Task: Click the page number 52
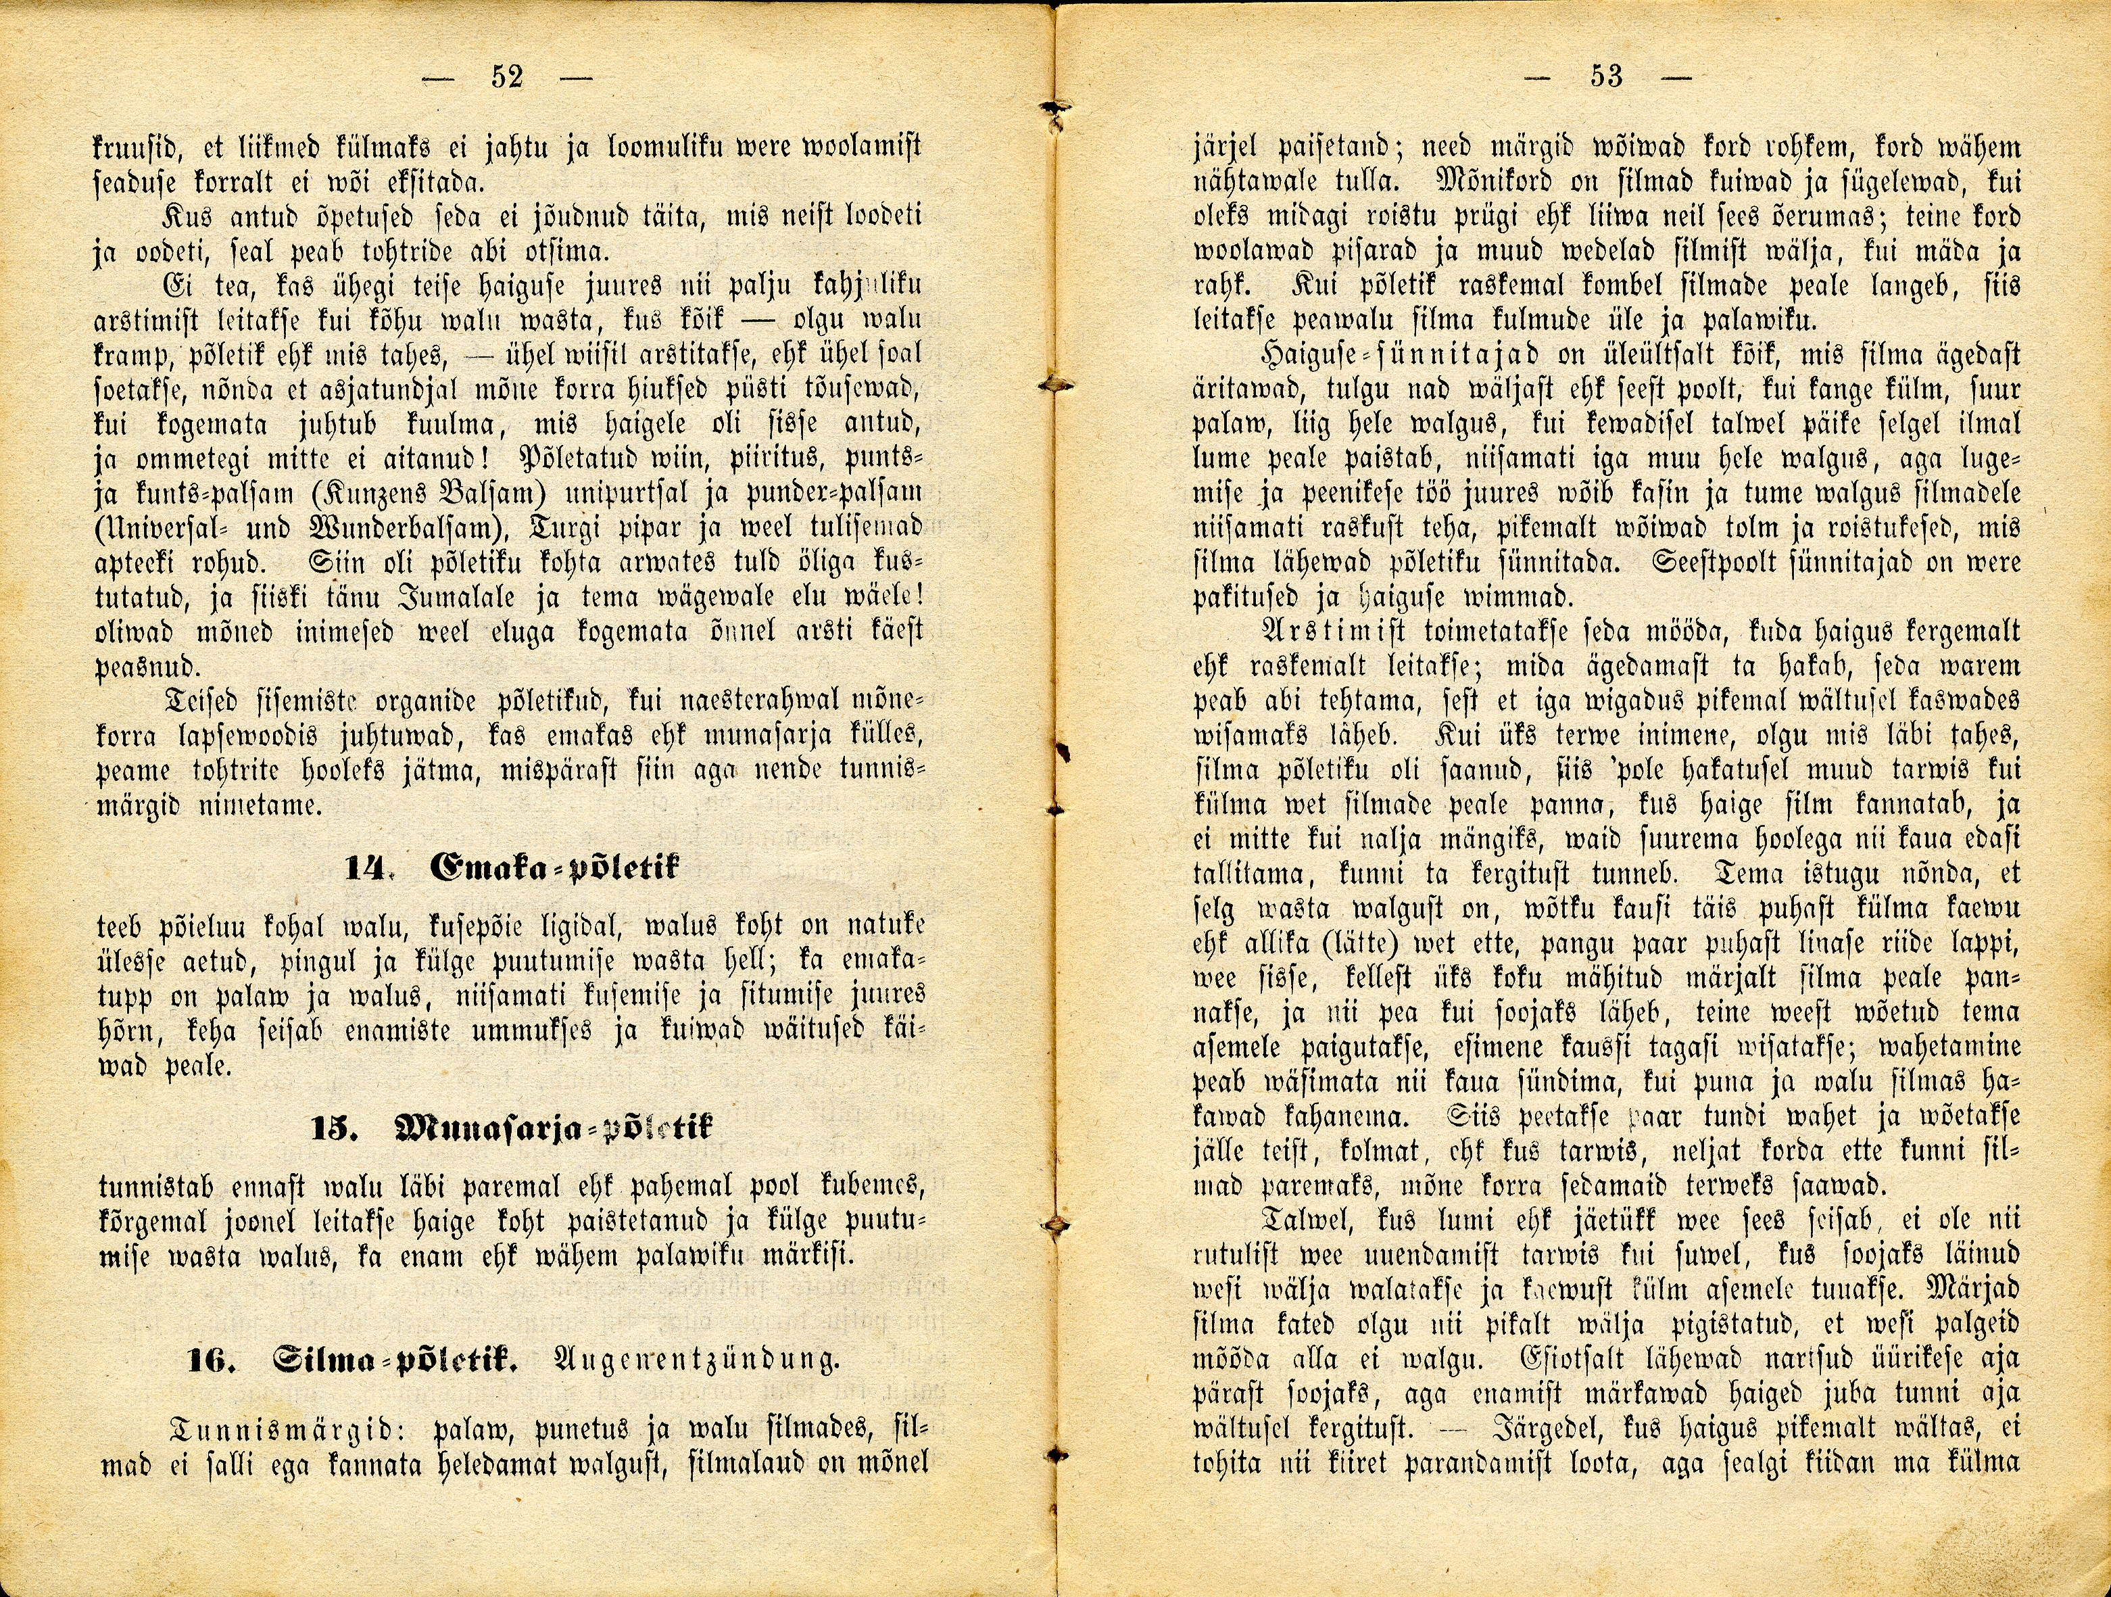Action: [x=507, y=76]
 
